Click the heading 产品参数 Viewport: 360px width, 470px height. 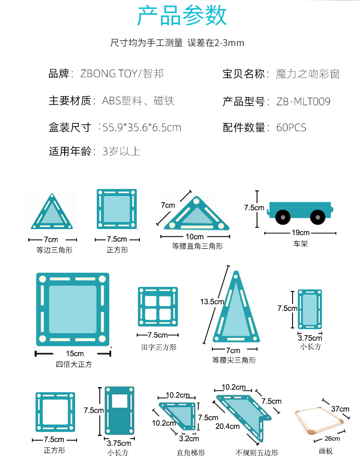pyautogui.click(x=182, y=16)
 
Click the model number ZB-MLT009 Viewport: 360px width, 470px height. pyautogui.click(x=303, y=101)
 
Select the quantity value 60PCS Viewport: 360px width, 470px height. pyautogui.click(x=291, y=128)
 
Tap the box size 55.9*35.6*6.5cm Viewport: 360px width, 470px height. pyautogui.click(x=142, y=128)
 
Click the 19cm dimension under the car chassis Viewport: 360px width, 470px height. pyautogui.click(x=300, y=233)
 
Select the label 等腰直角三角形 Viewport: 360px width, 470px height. pyautogui.click(x=197, y=246)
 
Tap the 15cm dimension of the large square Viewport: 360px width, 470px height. pyautogui.click(x=74, y=353)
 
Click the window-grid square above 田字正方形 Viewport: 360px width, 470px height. pyautogui.click(x=158, y=307)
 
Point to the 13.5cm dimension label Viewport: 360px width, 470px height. pyautogui.click(x=212, y=301)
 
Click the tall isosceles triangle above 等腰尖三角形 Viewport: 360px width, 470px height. pyautogui.click(x=236, y=310)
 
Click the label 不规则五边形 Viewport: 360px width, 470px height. pyautogui.click(x=257, y=453)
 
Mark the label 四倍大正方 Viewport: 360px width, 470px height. pyautogui.click(x=74, y=364)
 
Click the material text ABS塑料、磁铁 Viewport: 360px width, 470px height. pyautogui.click(x=138, y=101)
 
